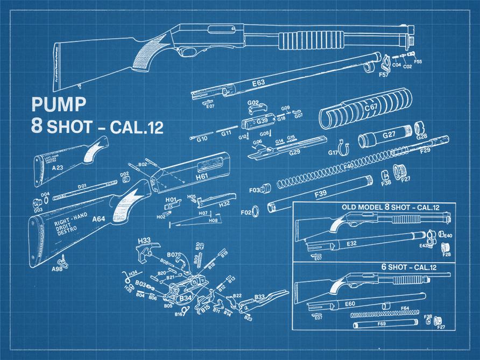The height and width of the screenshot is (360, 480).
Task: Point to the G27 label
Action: pyautogui.click(x=389, y=135)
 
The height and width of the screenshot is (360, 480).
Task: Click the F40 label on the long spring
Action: pyautogui.click(x=348, y=166)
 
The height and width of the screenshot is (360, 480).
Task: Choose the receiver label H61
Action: pyautogui.click(x=202, y=177)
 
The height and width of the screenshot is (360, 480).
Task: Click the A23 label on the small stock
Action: pyautogui.click(x=58, y=168)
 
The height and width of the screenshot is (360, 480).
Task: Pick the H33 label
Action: pyautogui.click(x=144, y=240)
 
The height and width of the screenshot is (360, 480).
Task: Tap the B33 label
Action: pyautogui.click(x=259, y=297)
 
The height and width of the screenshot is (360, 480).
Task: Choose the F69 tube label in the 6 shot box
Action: pyautogui.click(x=381, y=324)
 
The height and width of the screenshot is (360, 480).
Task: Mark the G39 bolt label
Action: pyautogui.click(x=262, y=121)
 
